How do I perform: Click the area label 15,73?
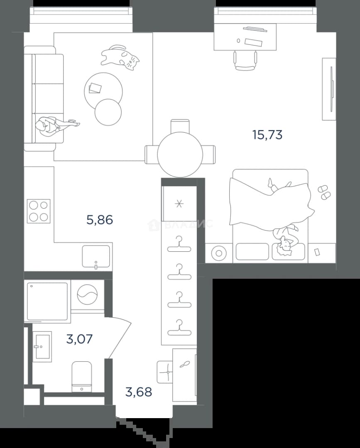(267, 134)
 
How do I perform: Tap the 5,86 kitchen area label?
(100, 220)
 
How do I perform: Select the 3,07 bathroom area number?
(79, 339)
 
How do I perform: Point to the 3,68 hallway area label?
(139, 392)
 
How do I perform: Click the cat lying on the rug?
(120, 57)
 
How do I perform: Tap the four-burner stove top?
(39, 211)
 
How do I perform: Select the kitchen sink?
(96, 256)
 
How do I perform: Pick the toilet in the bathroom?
(82, 377)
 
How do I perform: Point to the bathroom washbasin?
(42, 346)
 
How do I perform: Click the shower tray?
(47, 301)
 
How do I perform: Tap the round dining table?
(180, 155)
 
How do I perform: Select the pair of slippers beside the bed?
(324, 192)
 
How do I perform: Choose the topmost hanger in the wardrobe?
(179, 244)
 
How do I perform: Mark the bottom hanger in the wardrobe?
(179, 327)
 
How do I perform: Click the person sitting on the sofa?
(54, 126)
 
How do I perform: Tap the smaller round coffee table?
(108, 112)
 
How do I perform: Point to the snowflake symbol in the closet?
(179, 204)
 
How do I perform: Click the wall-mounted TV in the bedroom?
(332, 89)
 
